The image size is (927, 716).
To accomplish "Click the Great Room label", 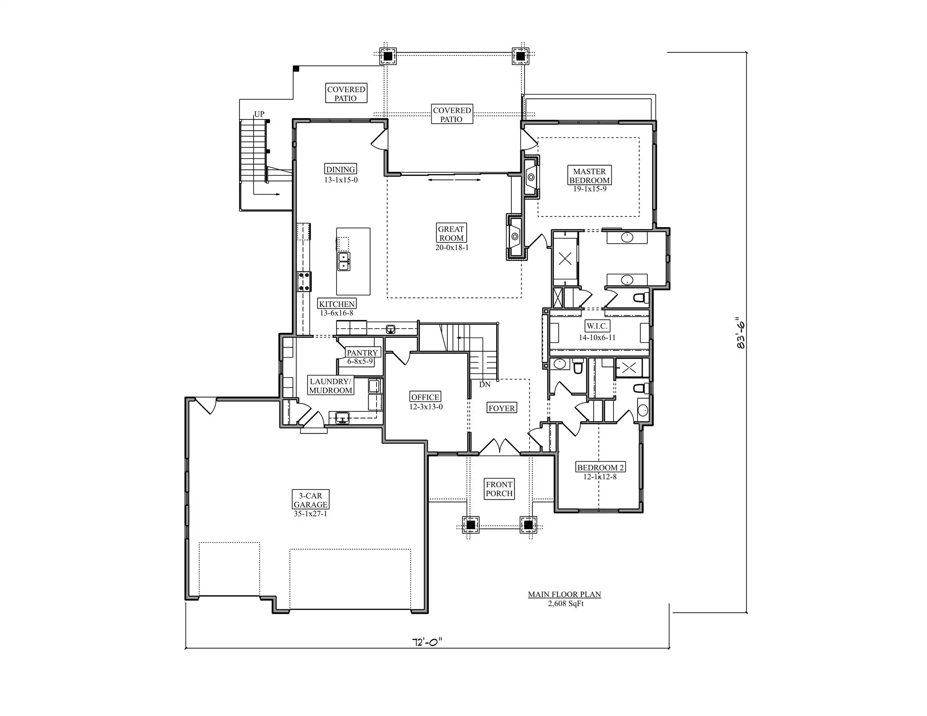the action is [x=451, y=233].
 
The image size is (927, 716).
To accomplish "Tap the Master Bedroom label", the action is [x=590, y=176].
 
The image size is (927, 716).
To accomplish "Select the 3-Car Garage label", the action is [x=311, y=500].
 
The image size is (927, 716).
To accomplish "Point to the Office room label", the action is [x=425, y=397].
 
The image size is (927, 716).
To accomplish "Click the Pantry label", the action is [x=362, y=353].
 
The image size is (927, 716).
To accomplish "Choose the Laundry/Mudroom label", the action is [x=331, y=386].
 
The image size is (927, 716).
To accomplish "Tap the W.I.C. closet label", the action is [x=597, y=326].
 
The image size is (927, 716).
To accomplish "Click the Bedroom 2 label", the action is [x=600, y=468].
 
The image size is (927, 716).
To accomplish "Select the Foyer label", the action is [x=502, y=408].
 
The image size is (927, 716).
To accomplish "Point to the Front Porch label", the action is [x=500, y=489].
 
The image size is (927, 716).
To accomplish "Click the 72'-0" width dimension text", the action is [x=427, y=642].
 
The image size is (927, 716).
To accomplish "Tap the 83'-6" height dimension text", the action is [x=741, y=333].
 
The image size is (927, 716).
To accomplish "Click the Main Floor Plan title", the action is [x=565, y=594].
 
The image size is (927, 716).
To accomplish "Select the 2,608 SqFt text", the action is [x=566, y=603].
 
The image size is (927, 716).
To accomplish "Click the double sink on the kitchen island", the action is [x=344, y=261].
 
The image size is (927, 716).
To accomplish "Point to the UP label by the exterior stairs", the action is [x=259, y=114].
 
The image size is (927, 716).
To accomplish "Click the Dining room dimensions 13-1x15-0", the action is [x=341, y=180].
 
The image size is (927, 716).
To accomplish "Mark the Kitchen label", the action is [x=337, y=304].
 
